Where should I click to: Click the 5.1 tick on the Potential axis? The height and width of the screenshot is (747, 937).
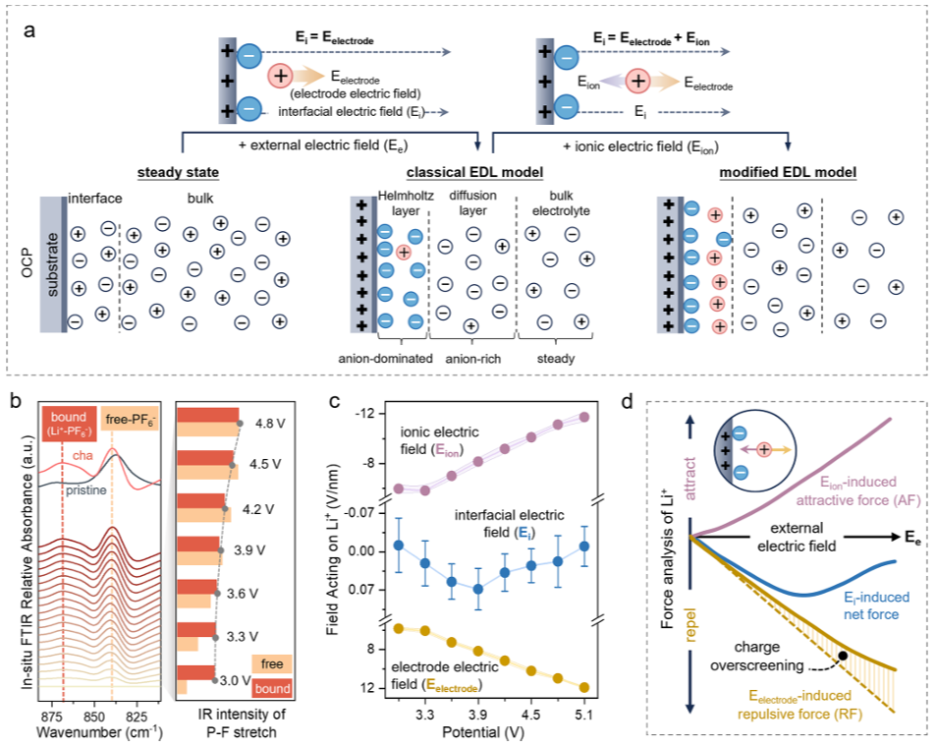tap(583, 715)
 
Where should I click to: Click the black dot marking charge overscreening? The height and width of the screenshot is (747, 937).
tap(842, 655)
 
